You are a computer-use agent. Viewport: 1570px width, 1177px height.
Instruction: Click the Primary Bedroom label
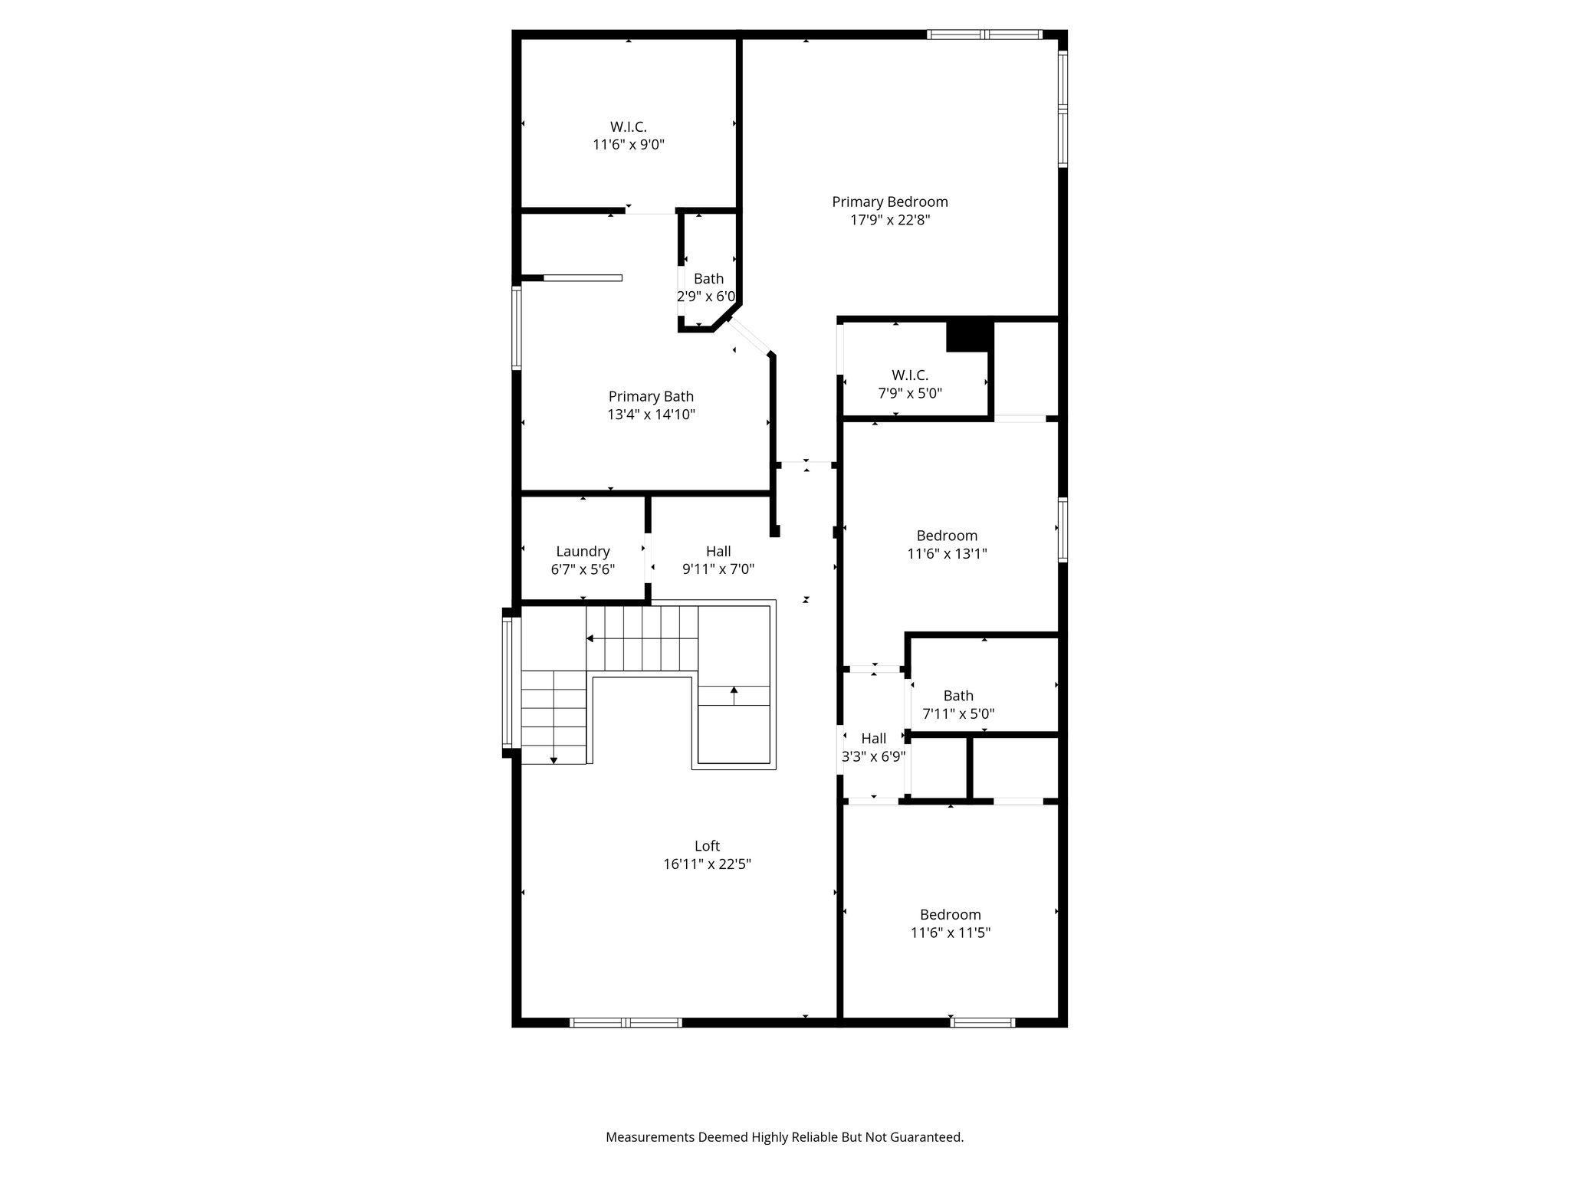[x=890, y=202]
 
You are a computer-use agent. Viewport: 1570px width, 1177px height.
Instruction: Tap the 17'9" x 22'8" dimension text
[x=890, y=220]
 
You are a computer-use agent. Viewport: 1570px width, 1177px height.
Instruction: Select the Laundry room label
[x=583, y=551]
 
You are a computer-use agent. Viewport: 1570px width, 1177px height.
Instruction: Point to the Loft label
[x=707, y=846]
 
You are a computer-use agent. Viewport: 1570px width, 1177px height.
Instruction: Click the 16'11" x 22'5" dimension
[x=707, y=864]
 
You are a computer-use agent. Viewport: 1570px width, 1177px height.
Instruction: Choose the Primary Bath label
[x=651, y=396]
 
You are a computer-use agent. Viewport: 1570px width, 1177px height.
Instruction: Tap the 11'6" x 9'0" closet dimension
[x=629, y=144]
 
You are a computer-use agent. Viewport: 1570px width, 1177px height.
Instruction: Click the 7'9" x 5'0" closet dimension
[x=910, y=393]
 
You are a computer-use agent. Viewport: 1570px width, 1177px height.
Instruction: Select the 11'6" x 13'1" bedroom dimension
[x=947, y=553]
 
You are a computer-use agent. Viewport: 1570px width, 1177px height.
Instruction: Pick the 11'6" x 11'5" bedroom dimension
[x=951, y=933]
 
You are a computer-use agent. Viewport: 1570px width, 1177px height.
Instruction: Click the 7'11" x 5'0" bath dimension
[x=958, y=713]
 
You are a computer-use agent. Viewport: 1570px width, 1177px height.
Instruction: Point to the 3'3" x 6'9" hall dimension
[x=874, y=756]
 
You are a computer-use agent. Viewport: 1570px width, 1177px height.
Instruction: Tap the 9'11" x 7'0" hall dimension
[x=718, y=569]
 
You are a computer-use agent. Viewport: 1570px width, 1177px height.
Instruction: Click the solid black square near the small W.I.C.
[x=970, y=336]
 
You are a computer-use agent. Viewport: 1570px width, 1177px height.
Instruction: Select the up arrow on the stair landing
[x=734, y=695]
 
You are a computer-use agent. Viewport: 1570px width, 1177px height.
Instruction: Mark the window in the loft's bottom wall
[x=626, y=1022]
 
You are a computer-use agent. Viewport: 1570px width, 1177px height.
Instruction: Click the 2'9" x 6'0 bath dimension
[x=706, y=297]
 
